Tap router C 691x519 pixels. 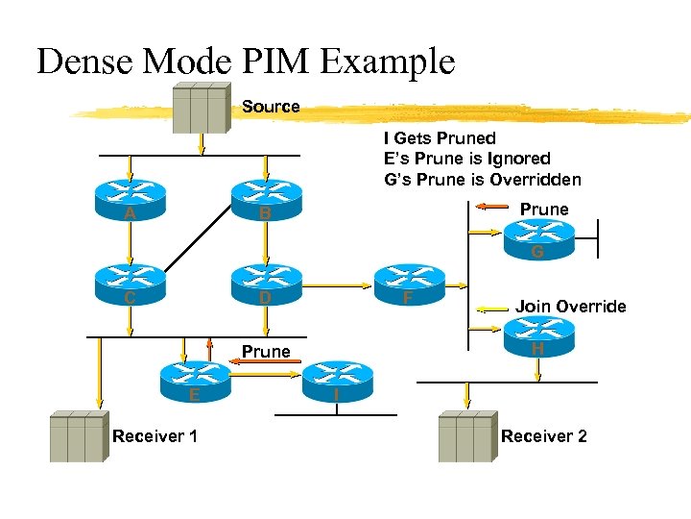[x=130, y=283]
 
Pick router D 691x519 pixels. [x=266, y=283]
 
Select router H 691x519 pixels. [x=538, y=335]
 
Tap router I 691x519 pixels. [x=336, y=379]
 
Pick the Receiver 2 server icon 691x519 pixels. [x=465, y=437]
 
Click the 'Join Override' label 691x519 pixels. [x=570, y=307]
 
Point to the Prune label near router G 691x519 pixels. [x=544, y=210]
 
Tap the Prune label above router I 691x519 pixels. [x=266, y=352]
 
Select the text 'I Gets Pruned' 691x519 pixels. [x=440, y=138]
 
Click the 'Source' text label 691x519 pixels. [x=271, y=107]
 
